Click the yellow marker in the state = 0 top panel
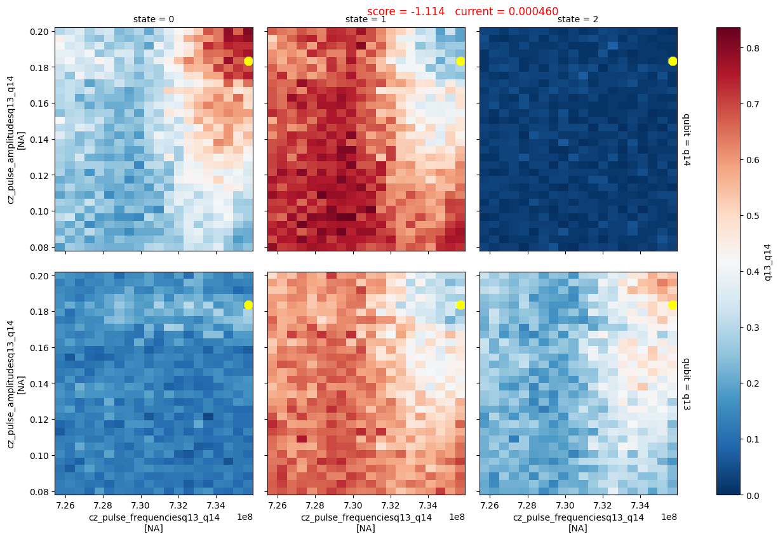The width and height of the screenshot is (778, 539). coord(248,61)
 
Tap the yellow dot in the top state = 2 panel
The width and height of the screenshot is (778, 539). coord(673,61)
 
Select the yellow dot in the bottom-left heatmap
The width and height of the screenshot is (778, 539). coord(248,305)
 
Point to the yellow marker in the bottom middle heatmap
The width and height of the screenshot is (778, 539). coord(460,305)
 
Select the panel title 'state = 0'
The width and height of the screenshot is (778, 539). coord(154,20)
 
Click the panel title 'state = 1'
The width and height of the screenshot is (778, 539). coord(366,20)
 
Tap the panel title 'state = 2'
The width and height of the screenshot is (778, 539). coord(578,20)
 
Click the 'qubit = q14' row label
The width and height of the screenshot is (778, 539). coord(686,139)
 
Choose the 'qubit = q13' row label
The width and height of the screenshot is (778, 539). coord(686,383)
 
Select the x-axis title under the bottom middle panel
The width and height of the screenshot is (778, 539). coord(366,522)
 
